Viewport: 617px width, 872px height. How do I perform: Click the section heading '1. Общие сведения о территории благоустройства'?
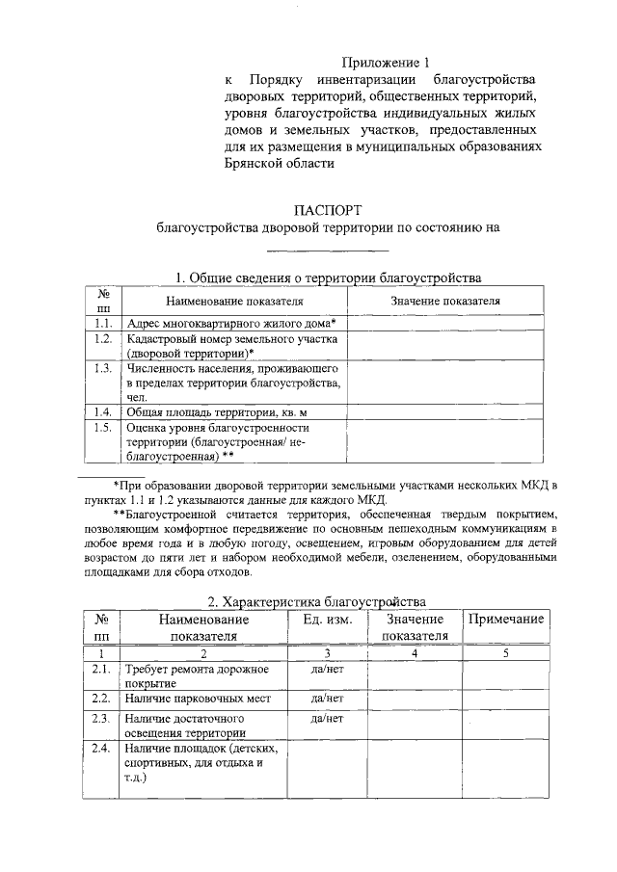tap(329, 277)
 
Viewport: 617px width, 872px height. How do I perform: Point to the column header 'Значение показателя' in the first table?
tap(444, 301)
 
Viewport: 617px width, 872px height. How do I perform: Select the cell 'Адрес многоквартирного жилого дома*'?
tap(229, 323)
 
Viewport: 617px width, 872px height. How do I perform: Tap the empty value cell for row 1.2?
tap(444, 346)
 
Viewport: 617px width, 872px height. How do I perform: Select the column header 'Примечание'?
tap(506, 620)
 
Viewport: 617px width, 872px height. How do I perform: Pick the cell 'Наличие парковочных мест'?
tap(198, 699)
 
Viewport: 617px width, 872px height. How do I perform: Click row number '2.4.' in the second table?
tap(99, 748)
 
